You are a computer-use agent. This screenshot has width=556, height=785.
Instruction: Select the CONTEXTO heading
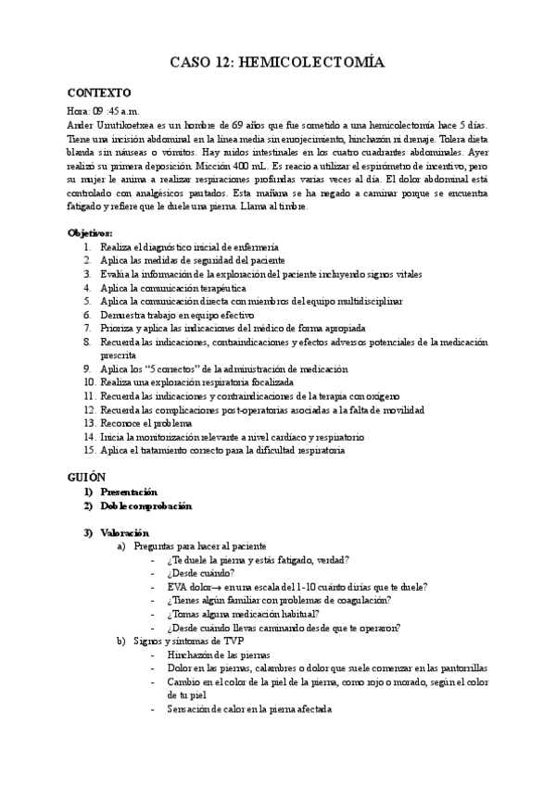(x=100, y=93)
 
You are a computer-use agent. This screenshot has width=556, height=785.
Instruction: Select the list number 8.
(x=86, y=342)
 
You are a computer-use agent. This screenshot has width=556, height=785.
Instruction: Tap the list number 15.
(x=89, y=450)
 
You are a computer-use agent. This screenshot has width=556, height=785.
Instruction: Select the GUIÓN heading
(x=88, y=475)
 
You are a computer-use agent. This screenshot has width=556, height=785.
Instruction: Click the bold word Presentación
(x=130, y=492)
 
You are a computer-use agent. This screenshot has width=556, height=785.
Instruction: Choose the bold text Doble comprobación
(x=146, y=506)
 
